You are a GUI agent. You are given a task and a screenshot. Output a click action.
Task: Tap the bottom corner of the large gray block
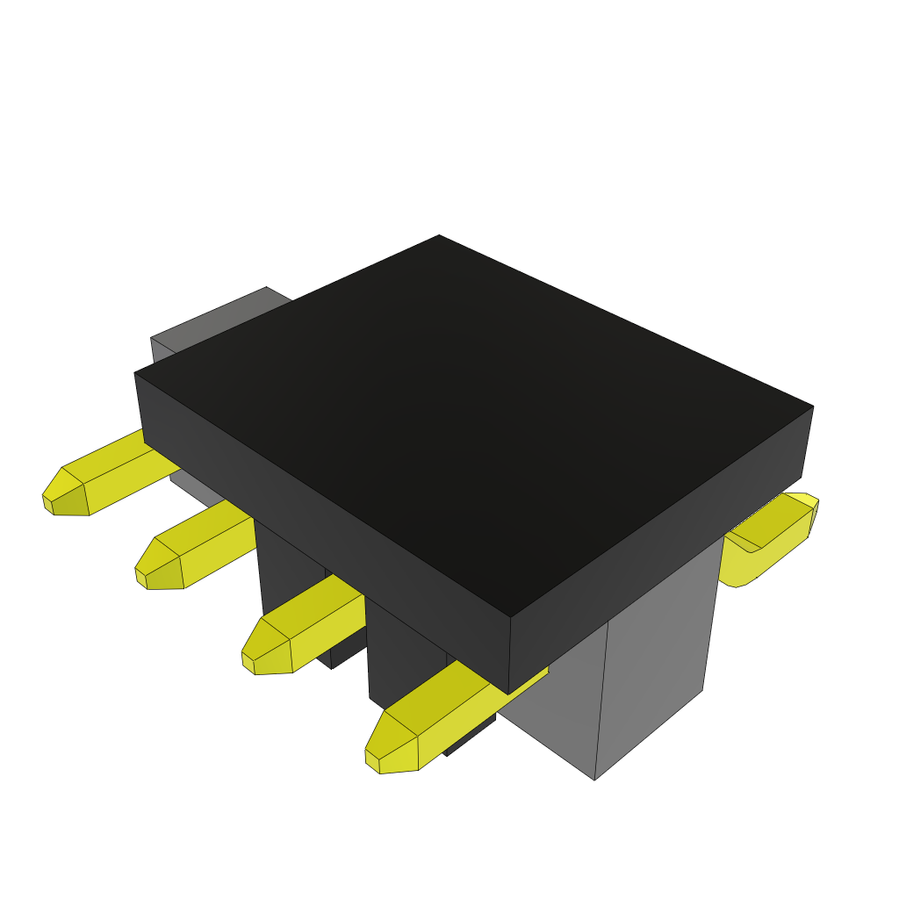[x=595, y=778]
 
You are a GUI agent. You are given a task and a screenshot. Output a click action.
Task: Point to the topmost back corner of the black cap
[x=439, y=236]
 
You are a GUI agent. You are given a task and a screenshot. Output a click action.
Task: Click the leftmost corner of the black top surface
[x=135, y=374]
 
